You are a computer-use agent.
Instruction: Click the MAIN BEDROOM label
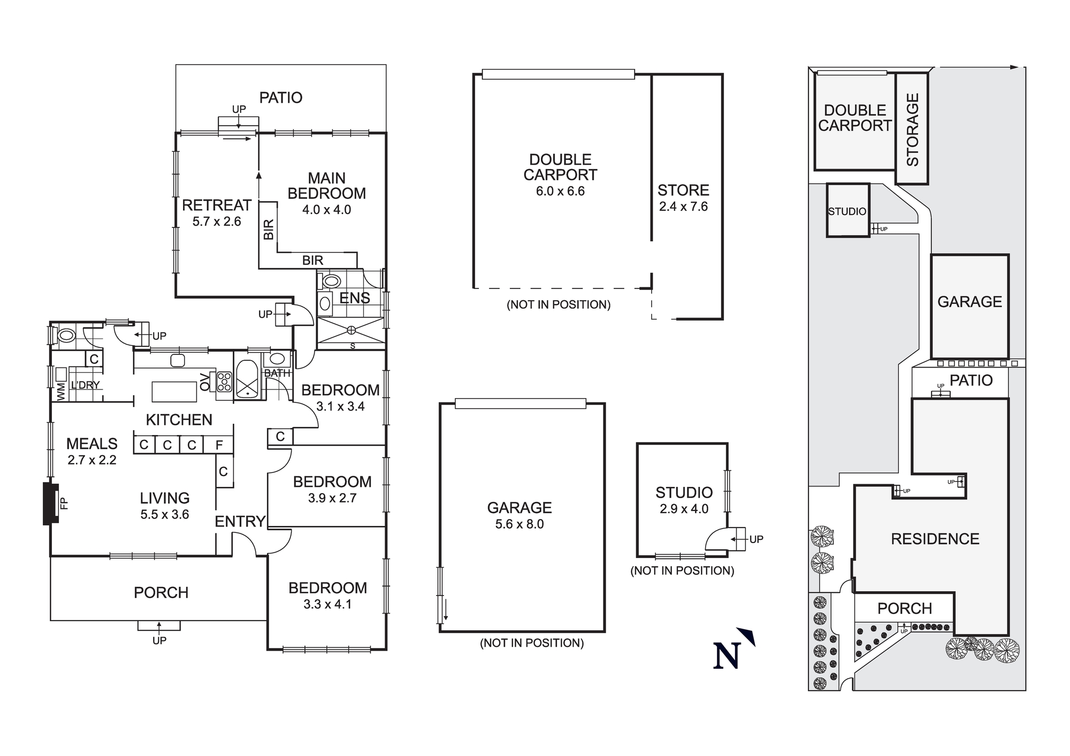point(326,186)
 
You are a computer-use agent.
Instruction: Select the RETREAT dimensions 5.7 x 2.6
point(217,222)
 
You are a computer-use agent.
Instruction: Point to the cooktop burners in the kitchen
point(224,381)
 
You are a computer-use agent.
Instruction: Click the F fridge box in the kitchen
point(219,445)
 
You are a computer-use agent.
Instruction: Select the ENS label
point(355,298)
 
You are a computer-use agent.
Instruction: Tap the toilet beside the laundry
point(67,336)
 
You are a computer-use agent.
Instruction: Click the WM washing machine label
point(60,391)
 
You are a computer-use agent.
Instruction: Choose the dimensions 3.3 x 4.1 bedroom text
point(327,604)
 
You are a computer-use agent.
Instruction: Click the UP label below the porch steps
point(159,640)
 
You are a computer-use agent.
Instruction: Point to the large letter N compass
point(727,655)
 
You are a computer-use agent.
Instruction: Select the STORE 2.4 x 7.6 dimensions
point(683,207)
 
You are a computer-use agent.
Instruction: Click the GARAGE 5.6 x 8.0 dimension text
point(519,524)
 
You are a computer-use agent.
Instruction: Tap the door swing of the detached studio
point(717,539)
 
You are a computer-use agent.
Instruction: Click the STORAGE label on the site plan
point(912,129)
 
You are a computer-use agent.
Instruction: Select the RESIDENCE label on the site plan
point(935,539)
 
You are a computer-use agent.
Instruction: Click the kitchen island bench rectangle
point(174,392)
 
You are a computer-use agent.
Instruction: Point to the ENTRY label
point(240,521)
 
